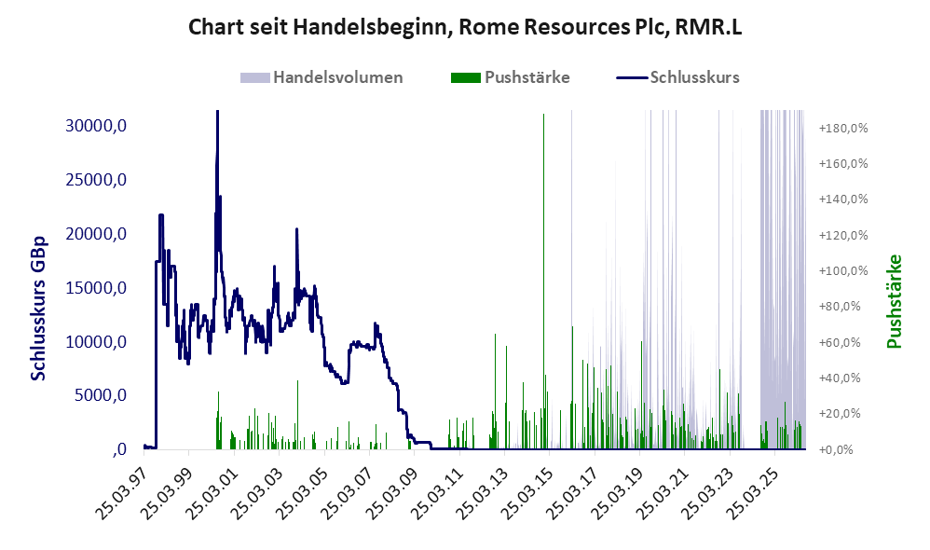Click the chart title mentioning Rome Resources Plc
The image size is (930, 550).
coord(465,27)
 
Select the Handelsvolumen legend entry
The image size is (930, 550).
coord(321,77)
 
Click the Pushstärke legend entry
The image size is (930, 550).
coord(511,77)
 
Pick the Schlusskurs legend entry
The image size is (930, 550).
coord(677,77)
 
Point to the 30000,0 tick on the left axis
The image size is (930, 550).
coord(96,126)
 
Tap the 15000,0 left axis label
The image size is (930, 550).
coord(96,288)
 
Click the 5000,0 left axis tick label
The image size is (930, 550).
coord(101,395)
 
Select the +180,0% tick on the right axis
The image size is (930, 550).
coord(843,128)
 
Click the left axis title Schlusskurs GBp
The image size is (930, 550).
coord(37,309)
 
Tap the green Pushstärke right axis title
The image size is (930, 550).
coord(894,301)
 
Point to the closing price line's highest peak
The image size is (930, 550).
coord(218,112)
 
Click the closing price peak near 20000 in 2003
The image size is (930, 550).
coord(296,229)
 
